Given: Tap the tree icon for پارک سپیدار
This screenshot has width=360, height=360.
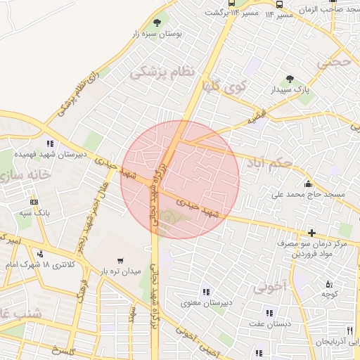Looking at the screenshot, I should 290,79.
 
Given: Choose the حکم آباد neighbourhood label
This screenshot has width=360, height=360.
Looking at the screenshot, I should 268,164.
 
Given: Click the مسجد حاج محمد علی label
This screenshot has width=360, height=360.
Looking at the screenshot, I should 307,193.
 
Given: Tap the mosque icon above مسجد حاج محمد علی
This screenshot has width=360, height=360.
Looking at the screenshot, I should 307,183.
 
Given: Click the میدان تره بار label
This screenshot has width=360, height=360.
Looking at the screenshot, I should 119,271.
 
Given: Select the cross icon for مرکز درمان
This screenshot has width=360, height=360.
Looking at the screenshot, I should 312,232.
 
